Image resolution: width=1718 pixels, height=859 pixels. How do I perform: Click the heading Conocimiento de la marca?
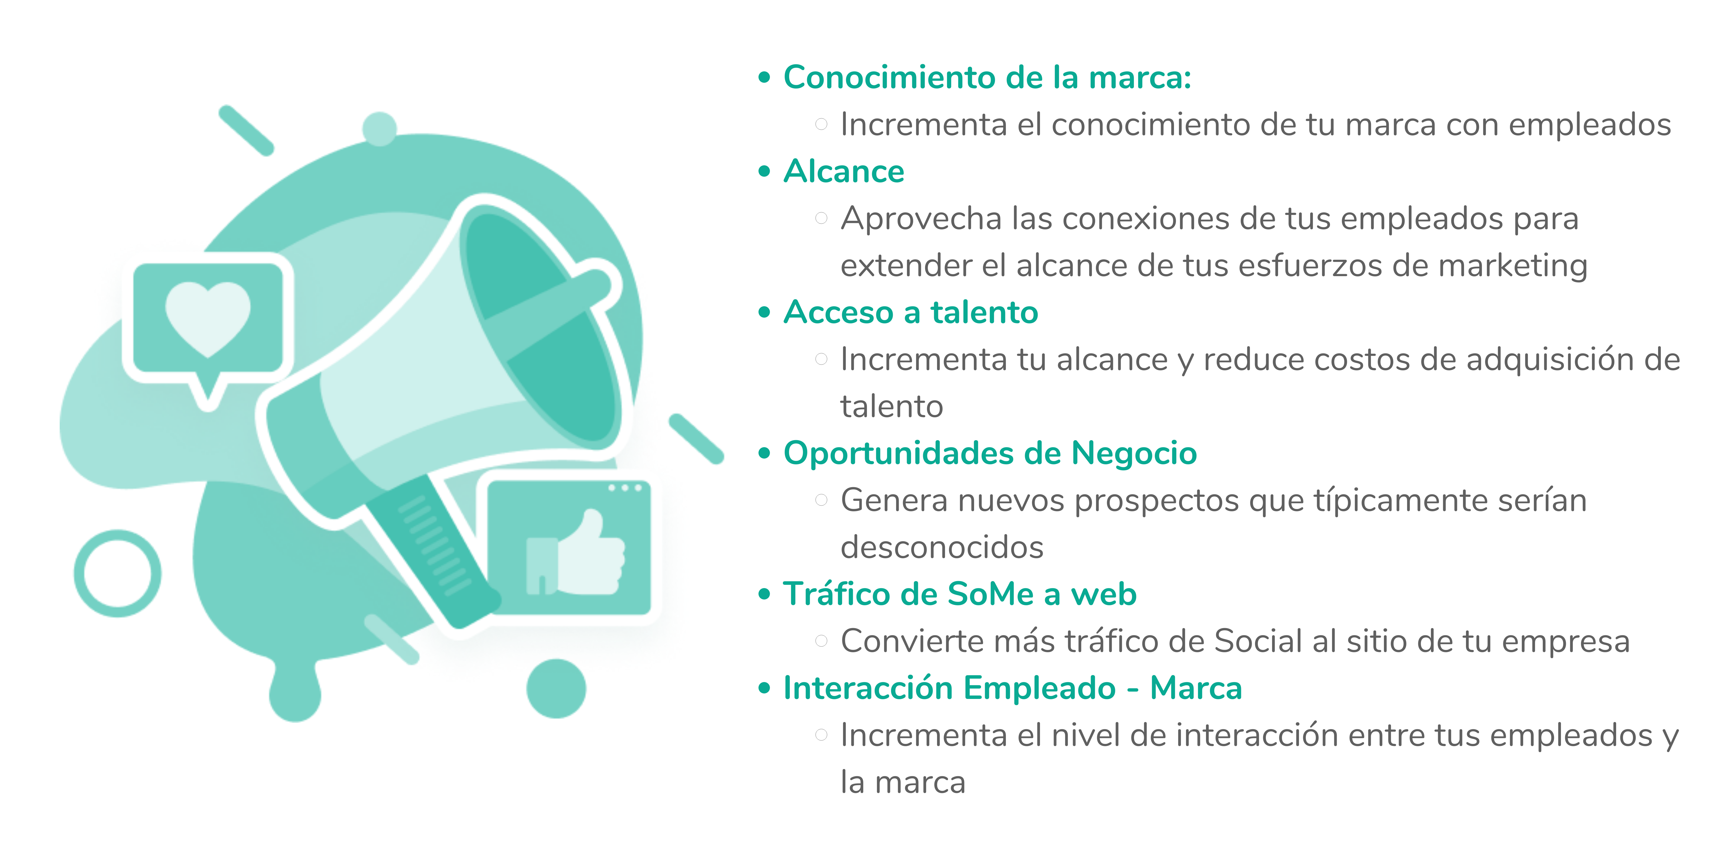987,77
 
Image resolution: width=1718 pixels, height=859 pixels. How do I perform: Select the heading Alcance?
844,172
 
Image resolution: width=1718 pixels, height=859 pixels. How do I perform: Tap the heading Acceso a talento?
910,312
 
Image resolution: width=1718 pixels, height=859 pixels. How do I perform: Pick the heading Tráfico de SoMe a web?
960,594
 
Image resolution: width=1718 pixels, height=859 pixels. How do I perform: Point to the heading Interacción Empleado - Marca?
1012,687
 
